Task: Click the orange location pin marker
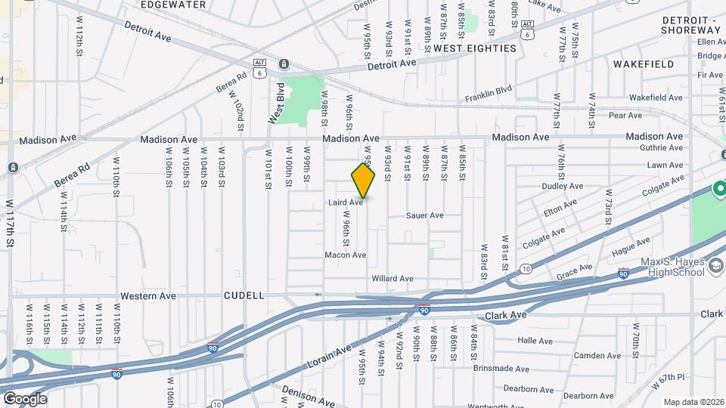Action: [x=363, y=181]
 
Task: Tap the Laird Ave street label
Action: [x=346, y=202]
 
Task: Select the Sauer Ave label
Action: [x=424, y=215]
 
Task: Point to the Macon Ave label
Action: [x=345, y=255]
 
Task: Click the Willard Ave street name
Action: [x=392, y=279]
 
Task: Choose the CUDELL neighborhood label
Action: [x=244, y=295]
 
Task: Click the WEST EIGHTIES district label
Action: [x=474, y=48]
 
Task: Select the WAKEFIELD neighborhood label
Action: [x=644, y=64]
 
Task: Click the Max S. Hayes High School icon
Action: [x=715, y=266]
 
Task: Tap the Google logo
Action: [x=25, y=398]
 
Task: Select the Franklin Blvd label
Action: [x=489, y=94]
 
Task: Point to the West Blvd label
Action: [x=277, y=104]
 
